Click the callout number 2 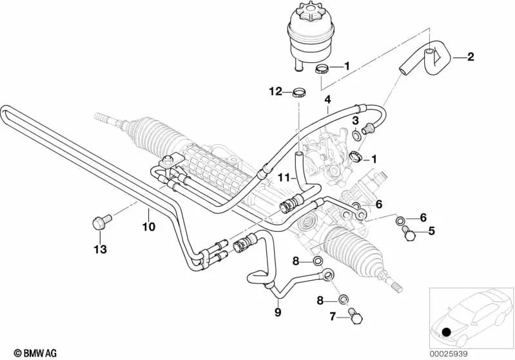(x=471, y=58)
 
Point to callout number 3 (x=355, y=120)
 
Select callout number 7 (x=333, y=316)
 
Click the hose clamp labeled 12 (x=298, y=93)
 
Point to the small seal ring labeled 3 (x=355, y=135)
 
